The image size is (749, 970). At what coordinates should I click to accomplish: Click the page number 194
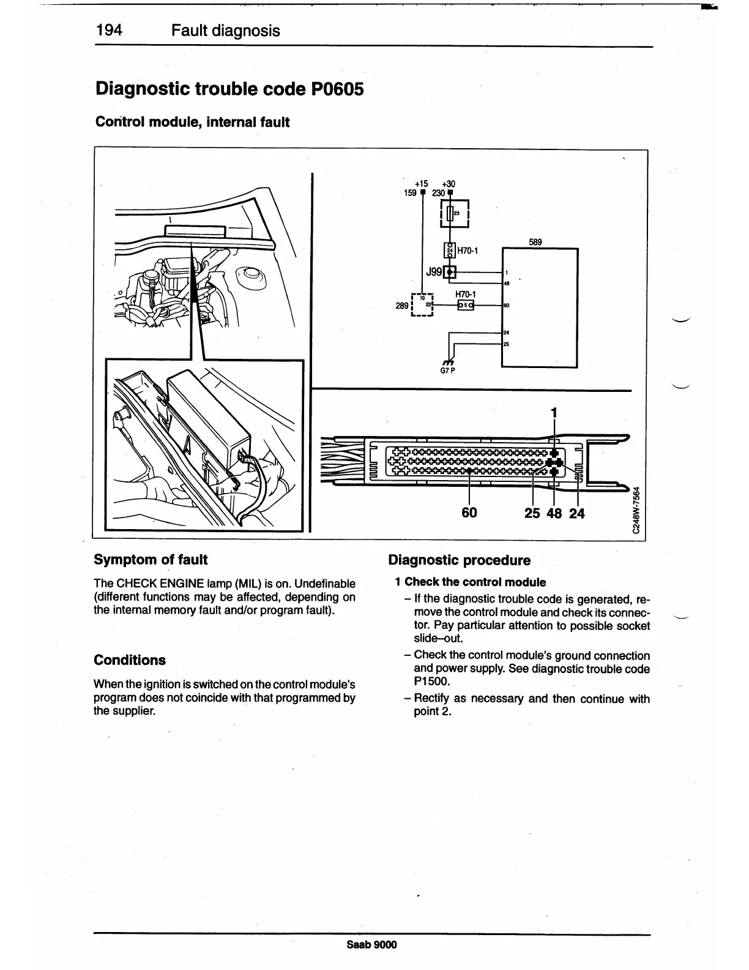pyautogui.click(x=110, y=31)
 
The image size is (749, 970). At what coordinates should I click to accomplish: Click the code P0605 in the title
pyautogui.click(x=334, y=89)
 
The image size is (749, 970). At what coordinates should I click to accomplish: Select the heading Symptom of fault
pyautogui.click(x=151, y=559)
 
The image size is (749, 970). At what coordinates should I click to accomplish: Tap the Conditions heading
pyautogui.click(x=130, y=660)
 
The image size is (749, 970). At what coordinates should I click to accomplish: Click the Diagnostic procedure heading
pyautogui.click(x=460, y=560)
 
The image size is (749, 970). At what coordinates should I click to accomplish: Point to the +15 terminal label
pyautogui.click(x=421, y=184)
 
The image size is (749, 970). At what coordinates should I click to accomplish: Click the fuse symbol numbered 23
pyautogui.click(x=450, y=213)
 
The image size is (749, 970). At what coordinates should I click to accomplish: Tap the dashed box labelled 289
pyautogui.click(x=423, y=305)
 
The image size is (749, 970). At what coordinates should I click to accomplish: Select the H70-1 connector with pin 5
pyautogui.click(x=466, y=305)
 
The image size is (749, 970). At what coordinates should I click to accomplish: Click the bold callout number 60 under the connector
pyautogui.click(x=469, y=513)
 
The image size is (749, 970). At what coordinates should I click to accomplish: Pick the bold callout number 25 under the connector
pyautogui.click(x=532, y=513)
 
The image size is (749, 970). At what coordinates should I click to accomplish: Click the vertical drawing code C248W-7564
pyautogui.click(x=637, y=510)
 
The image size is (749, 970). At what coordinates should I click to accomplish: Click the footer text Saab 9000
pyautogui.click(x=372, y=944)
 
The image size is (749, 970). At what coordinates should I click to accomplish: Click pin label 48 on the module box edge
pyautogui.click(x=507, y=283)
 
